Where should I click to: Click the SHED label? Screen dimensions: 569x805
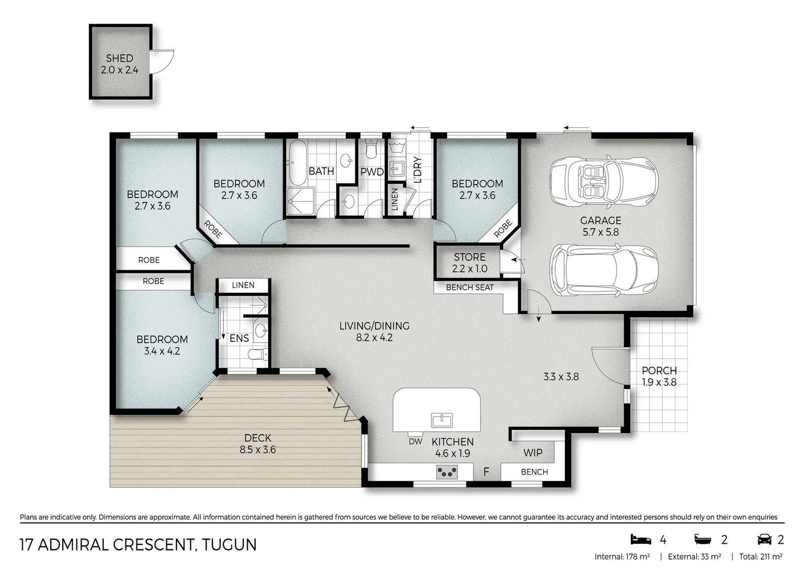click(x=120, y=58)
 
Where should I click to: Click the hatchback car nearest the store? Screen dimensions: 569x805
click(x=603, y=270)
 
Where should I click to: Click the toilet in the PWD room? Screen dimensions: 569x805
click(x=372, y=150)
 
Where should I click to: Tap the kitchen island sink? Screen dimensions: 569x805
click(x=441, y=420)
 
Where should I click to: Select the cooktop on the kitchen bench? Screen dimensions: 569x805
click(x=447, y=472)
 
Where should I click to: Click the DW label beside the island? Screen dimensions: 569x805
click(x=415, y=442)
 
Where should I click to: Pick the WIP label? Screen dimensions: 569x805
click(x=533, y=453)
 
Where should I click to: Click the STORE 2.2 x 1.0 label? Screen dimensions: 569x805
click(x=469, y=263)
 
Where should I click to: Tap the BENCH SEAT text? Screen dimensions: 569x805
click(x=469, y=288)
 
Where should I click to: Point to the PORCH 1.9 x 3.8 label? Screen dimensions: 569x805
click(x=659, y=376)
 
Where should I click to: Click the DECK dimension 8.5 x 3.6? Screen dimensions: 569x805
click(x=258, y=450)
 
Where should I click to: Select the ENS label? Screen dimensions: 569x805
click(x=239, y=338)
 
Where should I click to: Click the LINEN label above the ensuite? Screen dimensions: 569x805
click(x=243, y=285)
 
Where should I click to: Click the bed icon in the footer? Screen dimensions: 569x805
click(x=640, y=539)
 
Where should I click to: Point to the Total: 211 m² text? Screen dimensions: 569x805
click(x=760, y=556)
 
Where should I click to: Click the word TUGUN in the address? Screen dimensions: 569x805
click(x=229, y=544)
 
